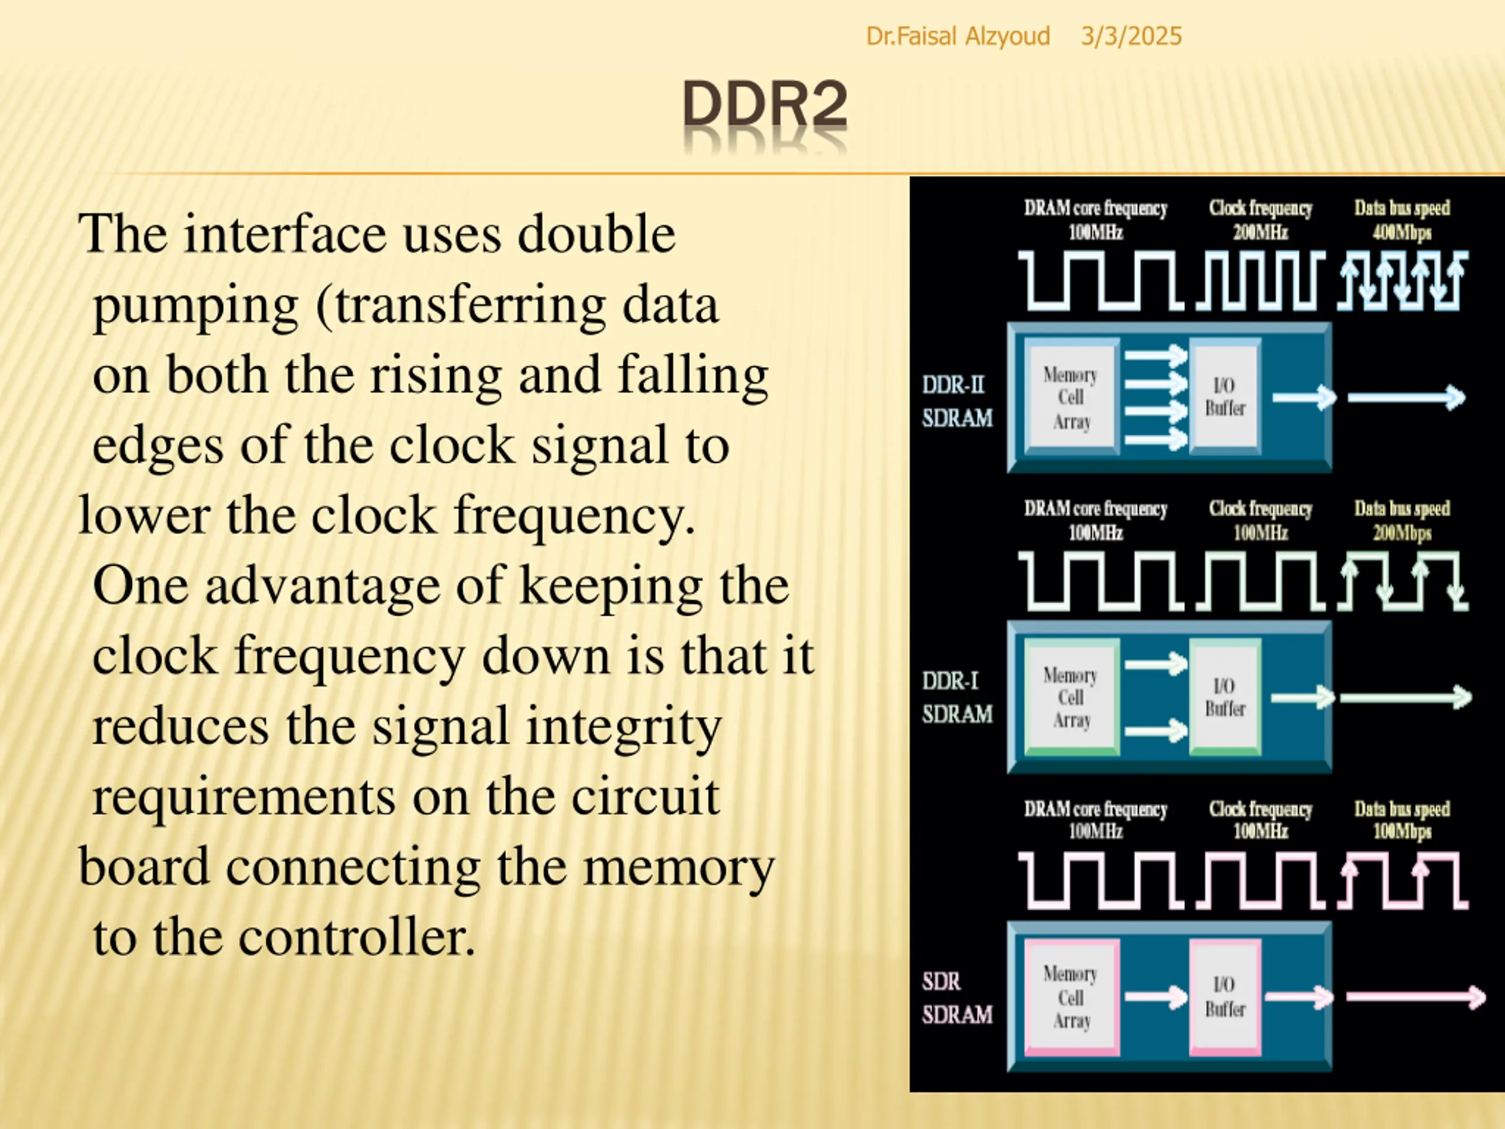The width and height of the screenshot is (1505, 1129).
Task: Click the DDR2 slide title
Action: click(x=765, y=105)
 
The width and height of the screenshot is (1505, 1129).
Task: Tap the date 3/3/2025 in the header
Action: click(x=1131, y=36)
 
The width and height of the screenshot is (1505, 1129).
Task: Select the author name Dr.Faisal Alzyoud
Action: click(x=957, y=36)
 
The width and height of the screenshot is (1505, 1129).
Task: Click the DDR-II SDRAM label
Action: click(x=956, y=401)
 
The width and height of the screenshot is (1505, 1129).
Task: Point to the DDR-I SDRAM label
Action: click(x=956, y=697)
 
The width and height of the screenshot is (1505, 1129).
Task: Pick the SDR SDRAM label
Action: click(x=956, y=998)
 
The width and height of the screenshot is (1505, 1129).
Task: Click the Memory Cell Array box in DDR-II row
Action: click(x=1071, y=398)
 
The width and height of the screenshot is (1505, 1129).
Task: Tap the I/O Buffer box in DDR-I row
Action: click(x=1225, y=697)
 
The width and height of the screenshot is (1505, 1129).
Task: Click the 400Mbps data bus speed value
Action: click(x=1402, y=233)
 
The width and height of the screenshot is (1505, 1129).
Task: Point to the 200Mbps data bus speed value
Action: click(x=1402, y=533)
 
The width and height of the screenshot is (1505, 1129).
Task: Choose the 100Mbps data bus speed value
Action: click(x=1402, y=831)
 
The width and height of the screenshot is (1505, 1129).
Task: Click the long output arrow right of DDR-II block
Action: click(x=1406, y=398)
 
